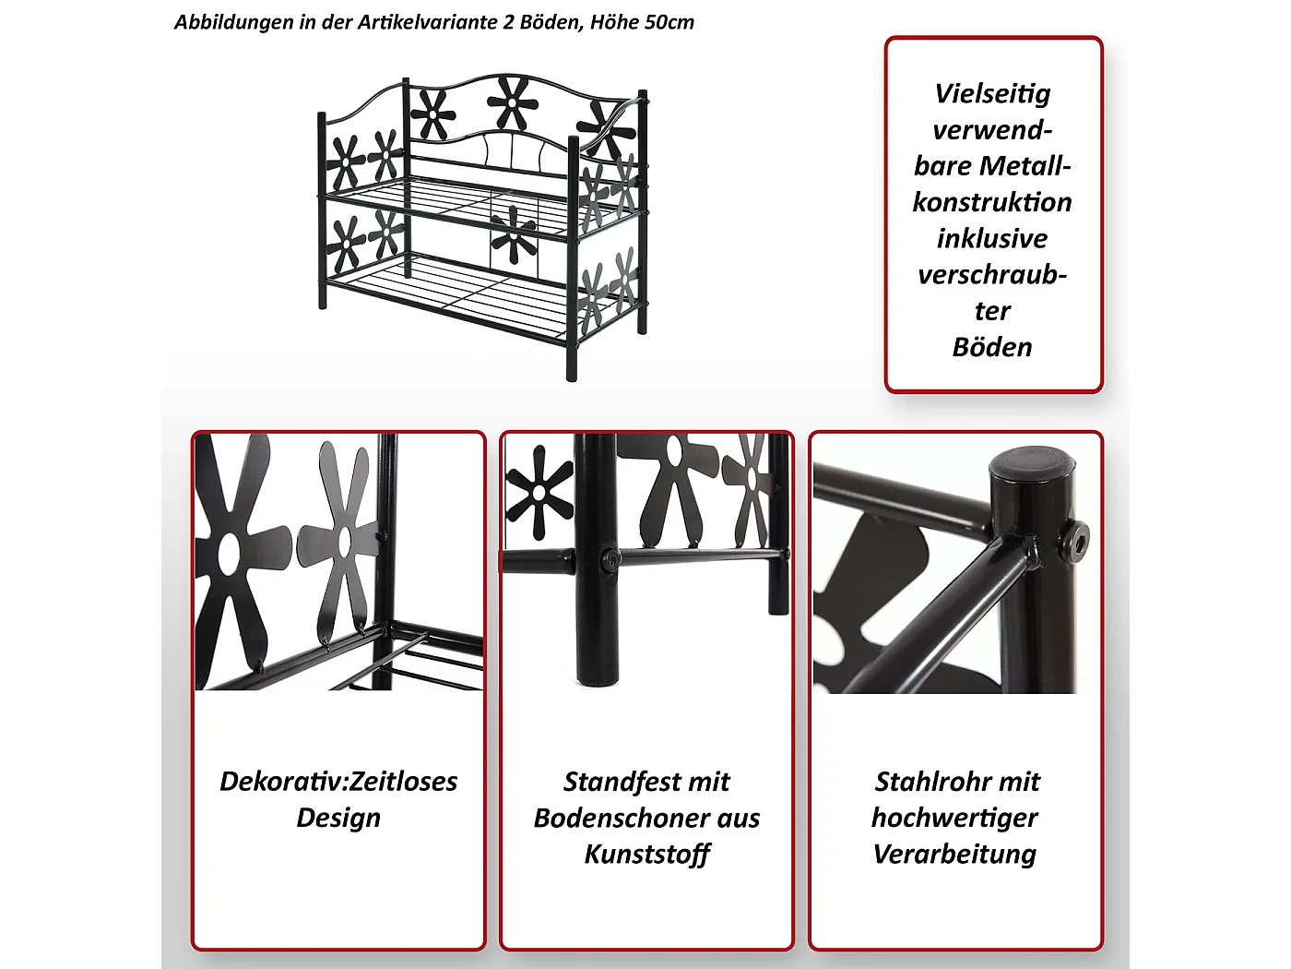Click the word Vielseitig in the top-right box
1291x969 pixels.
pyautogui.click(x=992, y=94)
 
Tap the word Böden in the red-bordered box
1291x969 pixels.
pyautogui.click(x=992, y=347)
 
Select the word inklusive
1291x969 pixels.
pyautogui.click(x=992, y=239)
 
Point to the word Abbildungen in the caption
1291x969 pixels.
pyautogui.click(x=233, y=22)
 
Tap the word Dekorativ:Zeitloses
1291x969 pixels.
pyautogui.click(x=338, y=782)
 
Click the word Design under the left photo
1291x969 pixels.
pyautogui.click(x=338, y=818)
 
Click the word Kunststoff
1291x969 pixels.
pyautogui.click(x=647, y=855)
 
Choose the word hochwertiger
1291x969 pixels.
pyautogui.click(x=955, y=819)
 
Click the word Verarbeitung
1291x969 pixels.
pyautogui.click(x=955, y=855)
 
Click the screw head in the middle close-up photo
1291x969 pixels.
pyautogui.click(x=610, y=558)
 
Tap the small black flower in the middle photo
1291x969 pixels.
pyautogui.click(x=539, y=491)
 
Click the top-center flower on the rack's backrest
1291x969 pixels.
pyautogui.click(x=508, y=102)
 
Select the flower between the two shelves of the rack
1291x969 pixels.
pyautogui.click(x=513, y=234)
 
